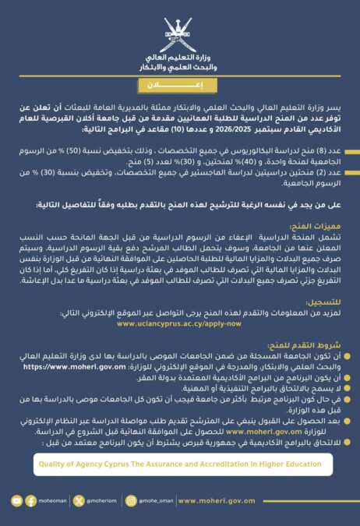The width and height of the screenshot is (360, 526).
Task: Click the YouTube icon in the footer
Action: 17,501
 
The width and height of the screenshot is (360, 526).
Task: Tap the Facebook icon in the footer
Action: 31,501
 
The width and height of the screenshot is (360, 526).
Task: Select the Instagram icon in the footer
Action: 131,501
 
